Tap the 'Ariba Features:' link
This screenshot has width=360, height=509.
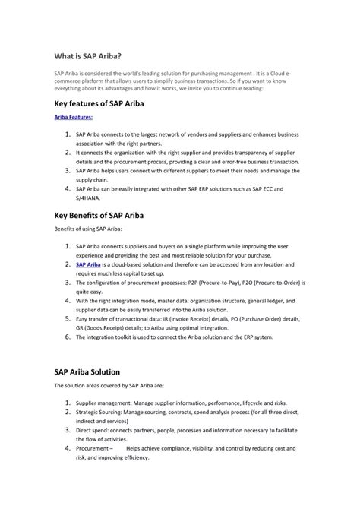pyautogui.click(x=74, y=119)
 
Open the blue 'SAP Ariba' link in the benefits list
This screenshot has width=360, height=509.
pyautogui.click(x=88, y=264)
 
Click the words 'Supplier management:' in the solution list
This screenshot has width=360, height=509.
pyautogui.click(x=104, y=403)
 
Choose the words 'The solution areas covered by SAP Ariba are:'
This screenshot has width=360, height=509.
pyautogui.click(x=118, y=386)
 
